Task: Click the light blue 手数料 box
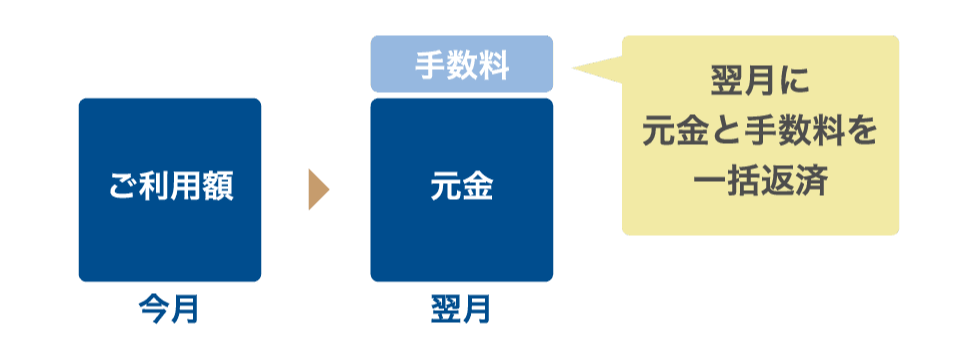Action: [x=461, y=64]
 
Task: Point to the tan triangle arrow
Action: [x=318, y=190]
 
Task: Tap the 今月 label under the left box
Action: [x=169, y=309]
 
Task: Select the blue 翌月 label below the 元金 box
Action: [x=461, y=309]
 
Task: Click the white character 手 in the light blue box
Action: [x=430, y=65]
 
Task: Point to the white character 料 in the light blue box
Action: [x=493, y=65]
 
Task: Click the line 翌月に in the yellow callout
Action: [x=761, y=82]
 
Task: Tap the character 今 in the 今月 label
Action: [x=154, y=309]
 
